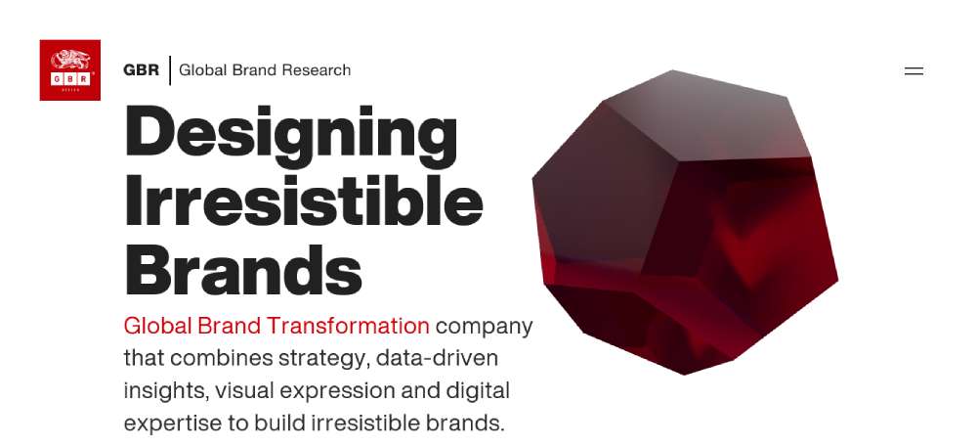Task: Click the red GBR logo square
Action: pos(69,69)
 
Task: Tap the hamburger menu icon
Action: pos(913,71)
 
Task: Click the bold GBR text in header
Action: pos(142,69)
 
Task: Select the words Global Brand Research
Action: pos(265,69)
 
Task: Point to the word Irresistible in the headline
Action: pos(304,200)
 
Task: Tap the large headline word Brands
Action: pos(243,270)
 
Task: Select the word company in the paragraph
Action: pos(485,328)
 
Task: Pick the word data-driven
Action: pos(438,358)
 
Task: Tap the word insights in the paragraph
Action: pos(165,392)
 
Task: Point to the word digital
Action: pos(478,391)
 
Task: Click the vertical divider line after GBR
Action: pos(170,69)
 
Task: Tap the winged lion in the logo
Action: pos(69,60)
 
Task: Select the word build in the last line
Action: pos(279,423)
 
